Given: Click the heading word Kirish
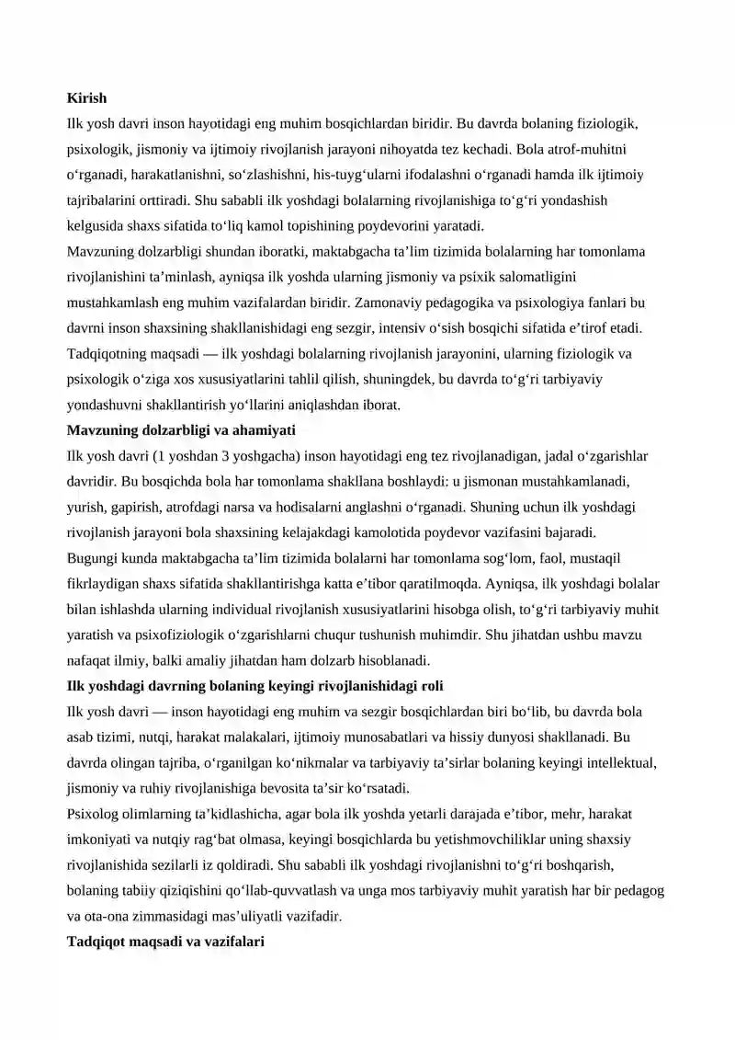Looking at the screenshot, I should tap(87, 97).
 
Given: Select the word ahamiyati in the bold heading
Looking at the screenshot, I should tap(266, 430).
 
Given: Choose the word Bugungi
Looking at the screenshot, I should tap(90, 558).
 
